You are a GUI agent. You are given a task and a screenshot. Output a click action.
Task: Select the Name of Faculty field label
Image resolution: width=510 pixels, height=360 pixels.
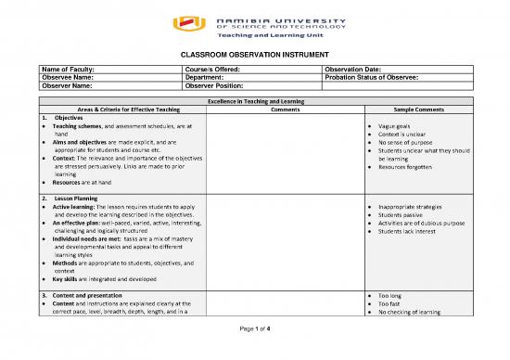(x=67, y=69)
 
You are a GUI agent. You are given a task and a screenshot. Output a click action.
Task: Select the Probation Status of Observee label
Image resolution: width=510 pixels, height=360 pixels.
(x=374, y=77)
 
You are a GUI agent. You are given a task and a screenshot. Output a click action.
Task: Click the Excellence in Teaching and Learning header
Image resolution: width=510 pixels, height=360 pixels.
(x=255, y=99)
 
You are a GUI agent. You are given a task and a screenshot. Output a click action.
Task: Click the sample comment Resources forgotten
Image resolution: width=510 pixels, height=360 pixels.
(x=408, y=167)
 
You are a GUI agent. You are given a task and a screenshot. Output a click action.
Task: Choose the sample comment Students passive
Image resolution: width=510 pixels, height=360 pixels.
(x=404, y=213)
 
